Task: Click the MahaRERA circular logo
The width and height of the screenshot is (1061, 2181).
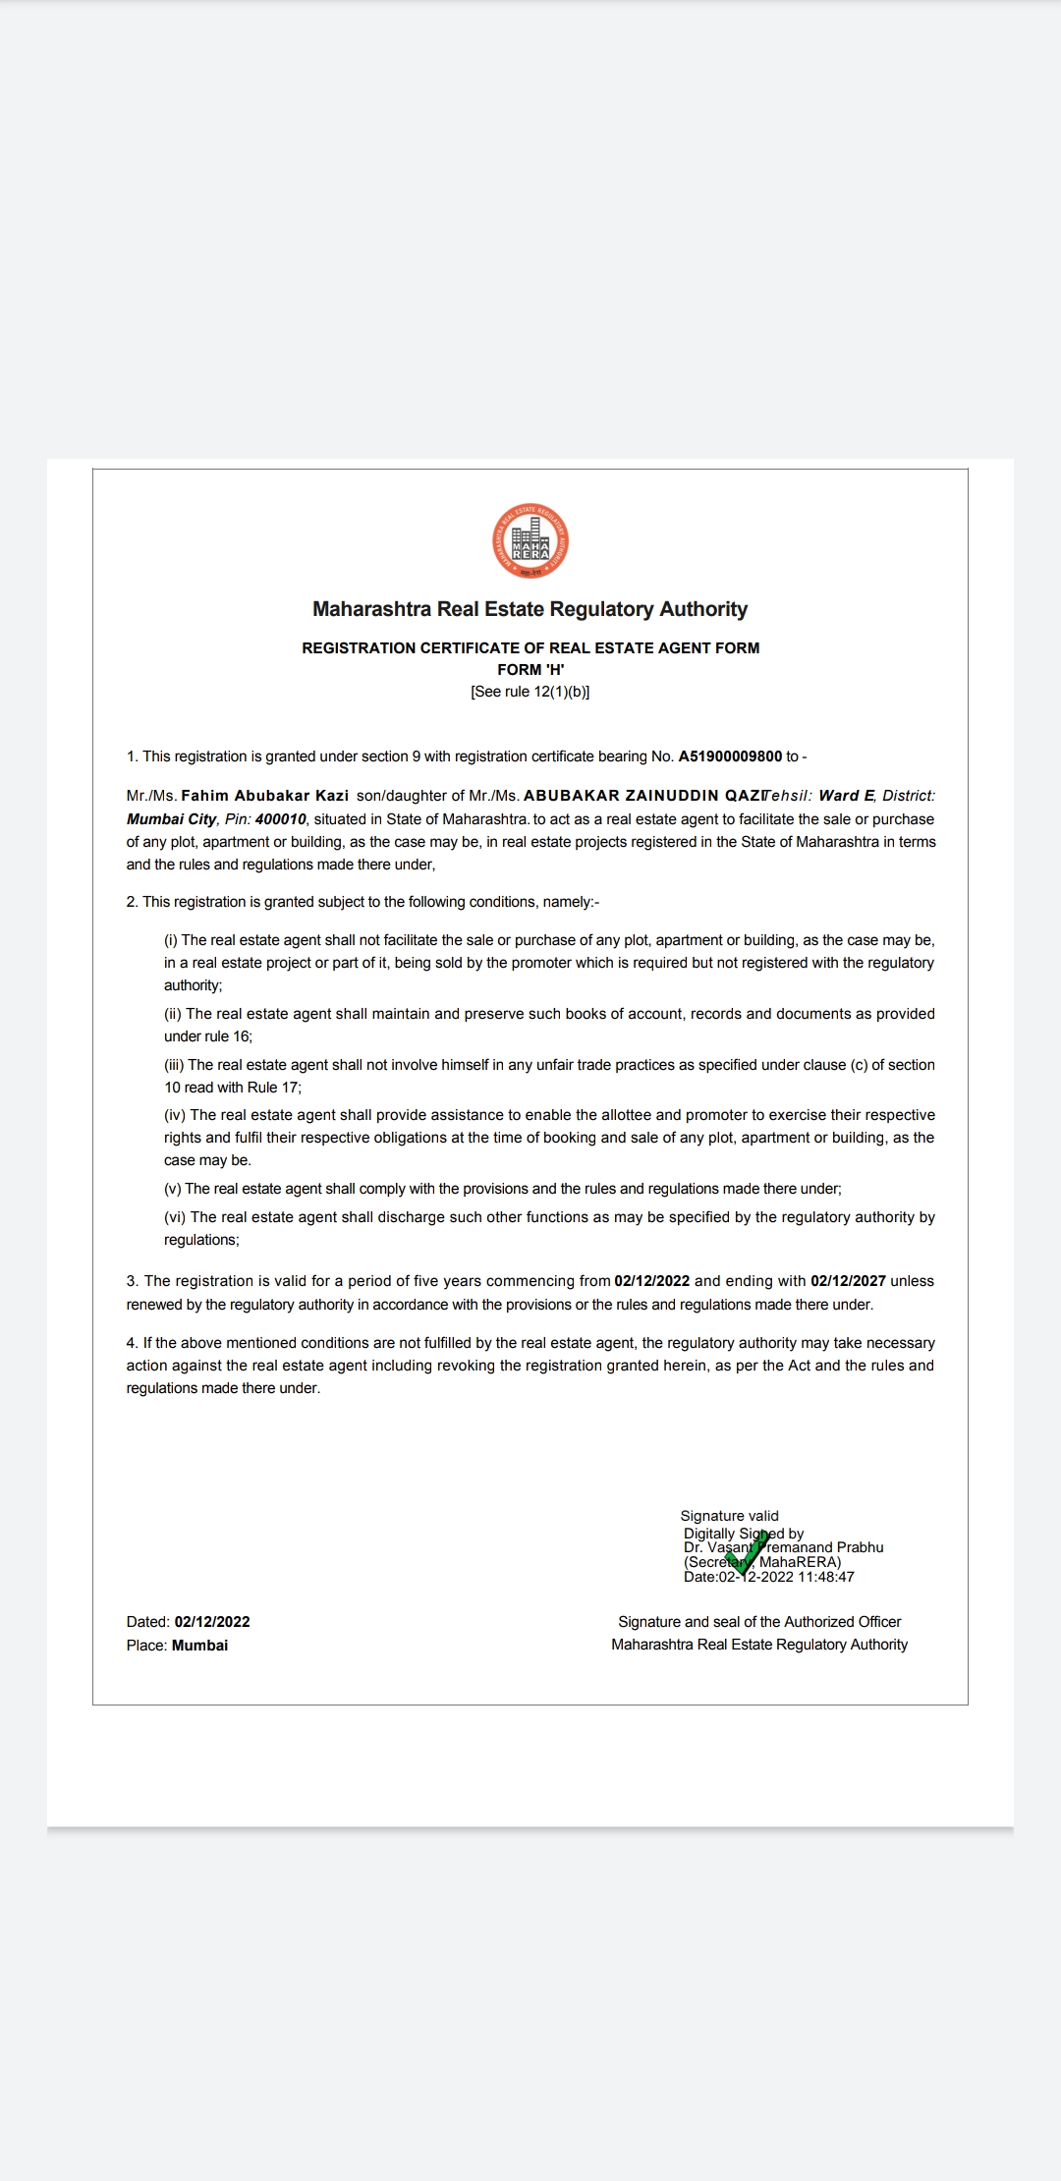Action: tap(530, 541)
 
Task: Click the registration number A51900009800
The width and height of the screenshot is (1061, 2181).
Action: tap(730, 756)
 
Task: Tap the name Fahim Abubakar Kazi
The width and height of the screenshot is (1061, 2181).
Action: tap(264, 796)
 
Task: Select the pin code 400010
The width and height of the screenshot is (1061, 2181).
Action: tap(281, 819)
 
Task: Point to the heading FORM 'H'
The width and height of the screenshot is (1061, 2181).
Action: tap(530, 670)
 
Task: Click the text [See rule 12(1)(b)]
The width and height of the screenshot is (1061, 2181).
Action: tap(530, 692)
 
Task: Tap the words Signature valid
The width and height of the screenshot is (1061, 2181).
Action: tap(729, 1516)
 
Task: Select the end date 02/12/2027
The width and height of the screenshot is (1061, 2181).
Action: tap(848, 1281)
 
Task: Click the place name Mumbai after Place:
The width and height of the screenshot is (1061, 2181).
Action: tap(199, 1646)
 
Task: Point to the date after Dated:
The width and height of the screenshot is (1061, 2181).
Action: tap(212, 1622)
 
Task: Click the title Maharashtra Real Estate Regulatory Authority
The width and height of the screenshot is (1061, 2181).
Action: tap(530, 609)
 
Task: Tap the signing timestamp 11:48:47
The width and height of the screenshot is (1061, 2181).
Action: tap(826, 1577)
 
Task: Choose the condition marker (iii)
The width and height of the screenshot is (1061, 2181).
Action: tap(174, 1065)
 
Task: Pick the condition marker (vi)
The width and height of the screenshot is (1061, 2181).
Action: tap(175, 1217)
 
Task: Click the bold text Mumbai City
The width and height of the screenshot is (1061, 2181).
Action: tap(171, 819)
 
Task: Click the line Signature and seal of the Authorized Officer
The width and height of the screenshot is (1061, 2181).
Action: tap(759, 1622)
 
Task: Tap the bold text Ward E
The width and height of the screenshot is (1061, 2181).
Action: tap(846, 796)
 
